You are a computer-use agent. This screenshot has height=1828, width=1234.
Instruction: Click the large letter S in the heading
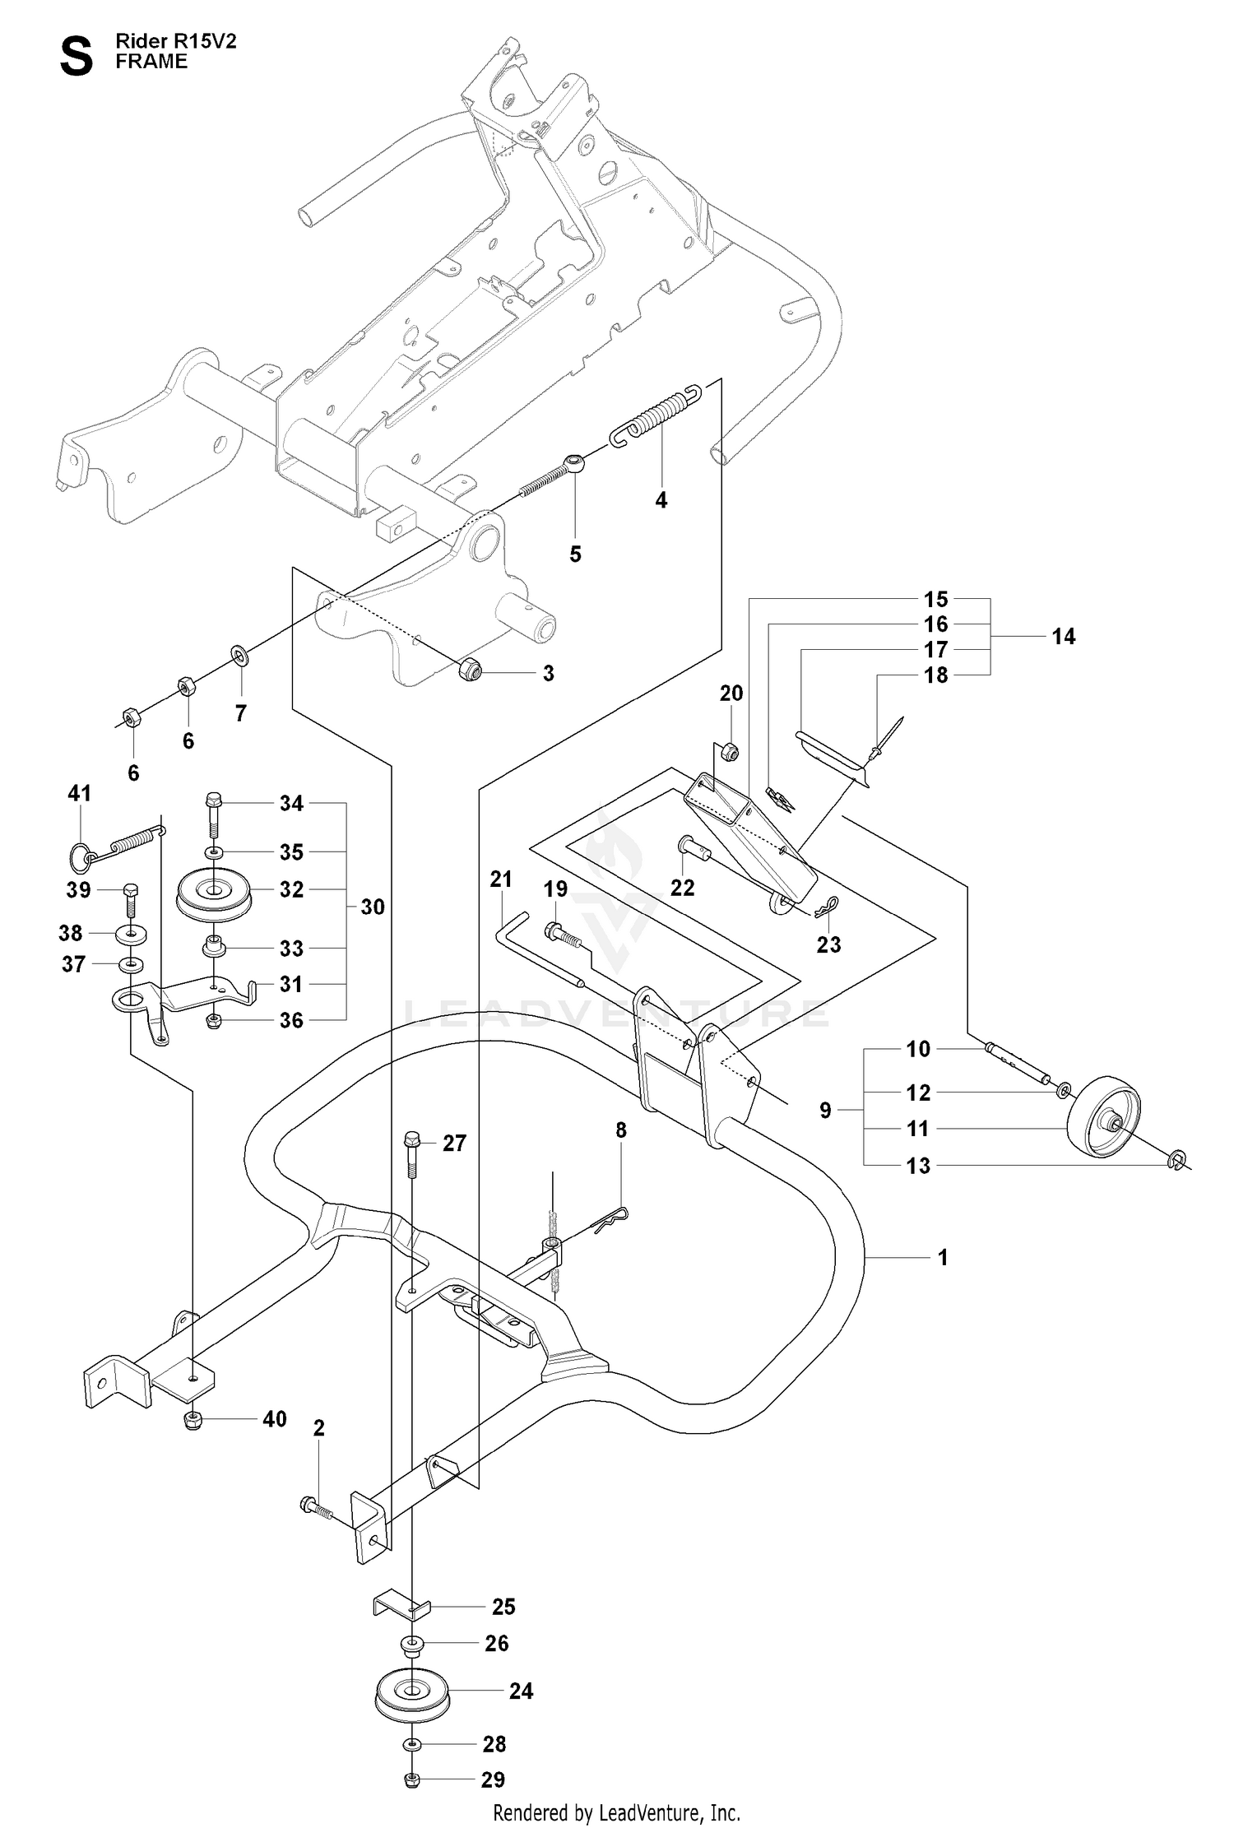(77, 57)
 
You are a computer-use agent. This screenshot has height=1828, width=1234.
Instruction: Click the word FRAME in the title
(151, 62)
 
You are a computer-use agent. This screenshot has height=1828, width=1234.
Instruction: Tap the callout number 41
(79, 793)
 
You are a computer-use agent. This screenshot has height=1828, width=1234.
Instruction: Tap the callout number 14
(1063, 636)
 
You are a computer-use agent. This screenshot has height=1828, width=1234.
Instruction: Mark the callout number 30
(373, 907)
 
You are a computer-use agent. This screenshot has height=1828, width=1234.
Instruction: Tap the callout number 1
(943, 1257)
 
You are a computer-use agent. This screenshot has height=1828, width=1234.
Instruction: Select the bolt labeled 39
(130, 902)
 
